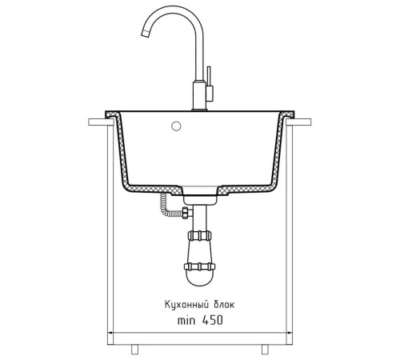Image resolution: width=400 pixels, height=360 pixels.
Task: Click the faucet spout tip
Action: pyautogui.click(x=145, y=34)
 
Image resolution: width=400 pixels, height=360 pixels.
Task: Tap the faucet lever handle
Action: pyautogui.click(x=209, y=76)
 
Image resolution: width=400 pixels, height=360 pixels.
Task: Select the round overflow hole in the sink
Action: pyautogui.click(x=176, y=126)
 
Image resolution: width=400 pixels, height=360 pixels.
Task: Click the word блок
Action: pyautogui.click(x=224, y=304)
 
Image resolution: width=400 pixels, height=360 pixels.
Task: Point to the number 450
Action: pyautogui.click(x=212, y=320)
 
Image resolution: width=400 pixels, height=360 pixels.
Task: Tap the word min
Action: pyautogui.click(x=186, y=321)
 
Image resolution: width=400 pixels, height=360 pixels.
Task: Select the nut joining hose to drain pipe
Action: pyautogui.click(x=187, y=213)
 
